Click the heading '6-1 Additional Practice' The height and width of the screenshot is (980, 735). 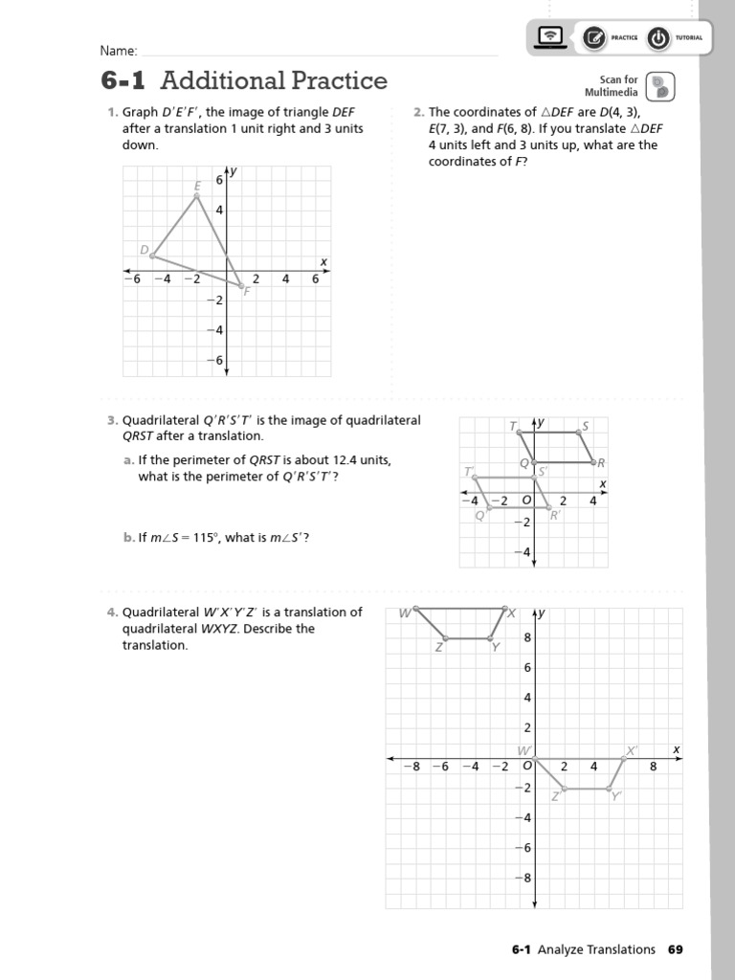tap(244, 80)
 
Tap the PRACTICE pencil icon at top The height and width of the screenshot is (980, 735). tap(593, 37)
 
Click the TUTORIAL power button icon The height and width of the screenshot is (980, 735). tap(658, 37)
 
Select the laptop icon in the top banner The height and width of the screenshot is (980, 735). tap(549, 37)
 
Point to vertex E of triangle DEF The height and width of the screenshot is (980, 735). tap(197, 196)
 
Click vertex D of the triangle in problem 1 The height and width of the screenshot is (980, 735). tap(152, 256)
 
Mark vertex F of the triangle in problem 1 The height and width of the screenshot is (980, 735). tap(241, 285)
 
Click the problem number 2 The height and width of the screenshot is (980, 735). tap(418, 112)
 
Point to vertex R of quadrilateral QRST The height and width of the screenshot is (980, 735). tap(593, 462)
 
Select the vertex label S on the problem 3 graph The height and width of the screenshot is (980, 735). tap(585, 425)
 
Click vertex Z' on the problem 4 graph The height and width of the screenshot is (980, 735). tap(564, 790)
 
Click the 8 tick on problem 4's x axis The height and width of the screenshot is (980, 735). tap(654, 767)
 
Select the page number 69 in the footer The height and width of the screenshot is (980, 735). tap(676, 949)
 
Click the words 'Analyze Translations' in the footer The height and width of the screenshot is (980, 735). tap(596, 949)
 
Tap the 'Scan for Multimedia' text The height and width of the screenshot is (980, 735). tap(618, 86)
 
